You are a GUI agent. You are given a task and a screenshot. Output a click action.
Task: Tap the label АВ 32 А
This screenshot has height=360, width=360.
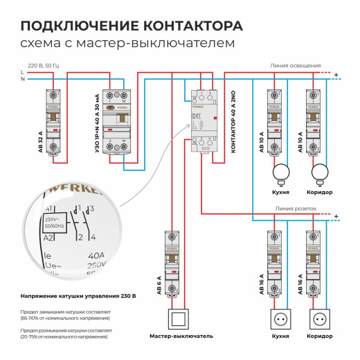41,140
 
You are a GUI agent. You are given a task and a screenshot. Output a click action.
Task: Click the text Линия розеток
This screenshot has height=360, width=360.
296,208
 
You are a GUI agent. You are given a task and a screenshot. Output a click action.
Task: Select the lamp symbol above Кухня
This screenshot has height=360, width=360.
281,172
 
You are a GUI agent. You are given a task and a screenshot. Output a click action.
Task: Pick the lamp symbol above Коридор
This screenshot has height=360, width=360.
319,172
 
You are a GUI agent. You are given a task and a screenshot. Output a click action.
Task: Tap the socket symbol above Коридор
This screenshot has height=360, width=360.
319,320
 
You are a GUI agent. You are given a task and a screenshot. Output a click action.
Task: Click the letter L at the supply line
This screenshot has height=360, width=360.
22,72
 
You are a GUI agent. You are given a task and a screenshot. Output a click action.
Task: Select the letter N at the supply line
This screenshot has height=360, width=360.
22,79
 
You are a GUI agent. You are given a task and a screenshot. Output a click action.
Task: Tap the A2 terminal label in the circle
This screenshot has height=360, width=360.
48,237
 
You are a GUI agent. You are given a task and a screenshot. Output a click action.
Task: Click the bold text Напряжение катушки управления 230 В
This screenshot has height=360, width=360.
78,296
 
